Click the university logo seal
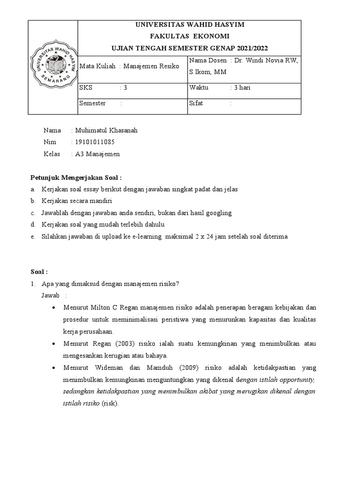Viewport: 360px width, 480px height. click(53, 67)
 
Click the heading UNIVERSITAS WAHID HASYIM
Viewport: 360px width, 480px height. click(189, 25)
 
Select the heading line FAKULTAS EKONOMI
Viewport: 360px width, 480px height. click(189, 37)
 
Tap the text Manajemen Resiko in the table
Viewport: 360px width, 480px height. click(151, 67)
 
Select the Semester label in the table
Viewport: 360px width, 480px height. click(93, 103)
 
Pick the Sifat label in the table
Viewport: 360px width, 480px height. click(196, 103)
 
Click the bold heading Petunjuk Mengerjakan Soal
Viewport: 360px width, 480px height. click(76, 178)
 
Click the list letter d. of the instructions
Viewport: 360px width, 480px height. click(32, 225)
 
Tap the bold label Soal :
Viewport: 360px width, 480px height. click(39, 272)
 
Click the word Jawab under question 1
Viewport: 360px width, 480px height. click(51, 296)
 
